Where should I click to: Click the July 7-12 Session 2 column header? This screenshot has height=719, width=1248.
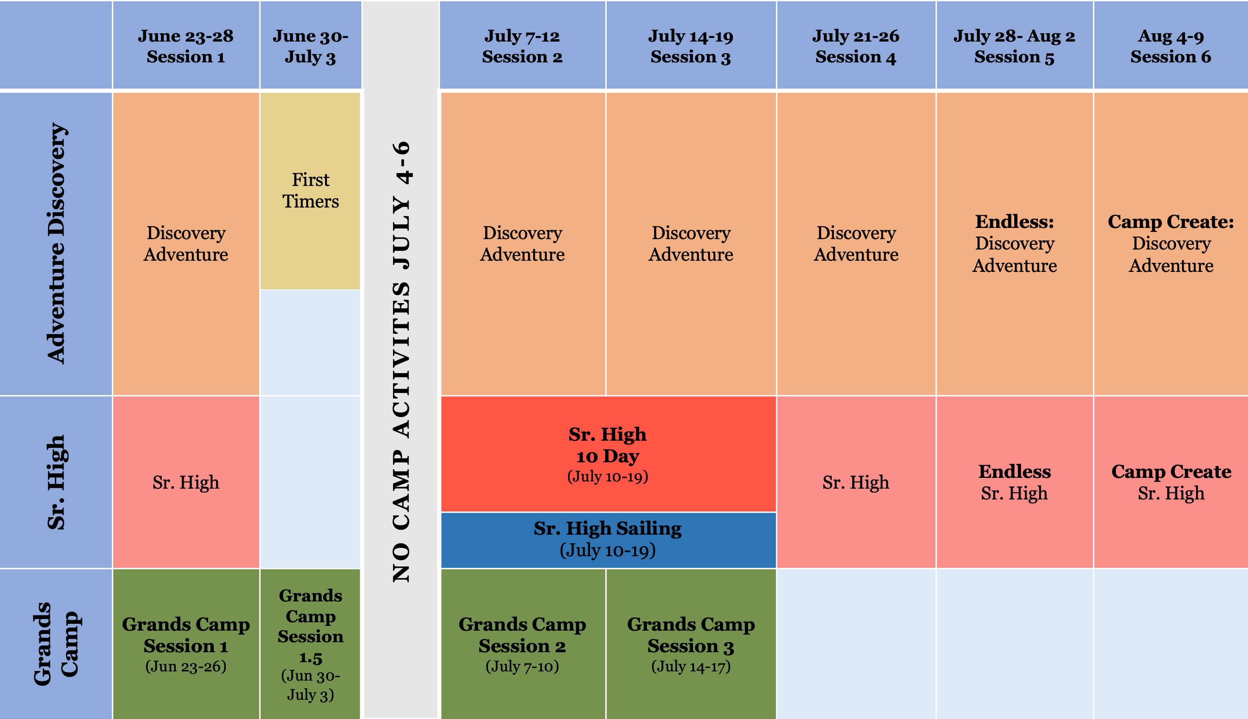point(522,46)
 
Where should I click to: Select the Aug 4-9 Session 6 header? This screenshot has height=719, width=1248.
point(1170,46)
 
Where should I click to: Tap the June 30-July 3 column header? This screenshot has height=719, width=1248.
point(310,46)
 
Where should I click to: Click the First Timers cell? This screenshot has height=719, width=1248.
point(310,191)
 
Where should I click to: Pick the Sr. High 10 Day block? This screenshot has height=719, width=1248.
point(608,454)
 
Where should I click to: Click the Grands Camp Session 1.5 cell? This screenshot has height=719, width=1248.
point(310,643)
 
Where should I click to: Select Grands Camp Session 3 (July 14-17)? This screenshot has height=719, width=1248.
point(690,643)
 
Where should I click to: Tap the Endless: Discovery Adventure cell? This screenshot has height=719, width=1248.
point(1014,244)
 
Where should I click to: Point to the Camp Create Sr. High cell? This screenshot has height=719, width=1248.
point(1170,482)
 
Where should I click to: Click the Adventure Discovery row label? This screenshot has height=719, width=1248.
point(56,244)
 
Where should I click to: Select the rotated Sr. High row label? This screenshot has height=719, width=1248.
point(56,482)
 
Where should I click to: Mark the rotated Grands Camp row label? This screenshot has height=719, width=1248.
point(56,643)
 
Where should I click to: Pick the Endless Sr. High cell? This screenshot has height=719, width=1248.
point(1014,482)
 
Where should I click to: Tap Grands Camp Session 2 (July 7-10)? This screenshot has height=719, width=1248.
point(522,643)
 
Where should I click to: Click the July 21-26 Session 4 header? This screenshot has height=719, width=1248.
point(856,46)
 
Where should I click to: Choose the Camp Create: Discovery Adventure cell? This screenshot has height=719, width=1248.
point(1170,244)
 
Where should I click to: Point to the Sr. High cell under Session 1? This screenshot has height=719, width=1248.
point(186,482)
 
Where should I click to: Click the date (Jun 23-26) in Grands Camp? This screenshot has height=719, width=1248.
point(186,667)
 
